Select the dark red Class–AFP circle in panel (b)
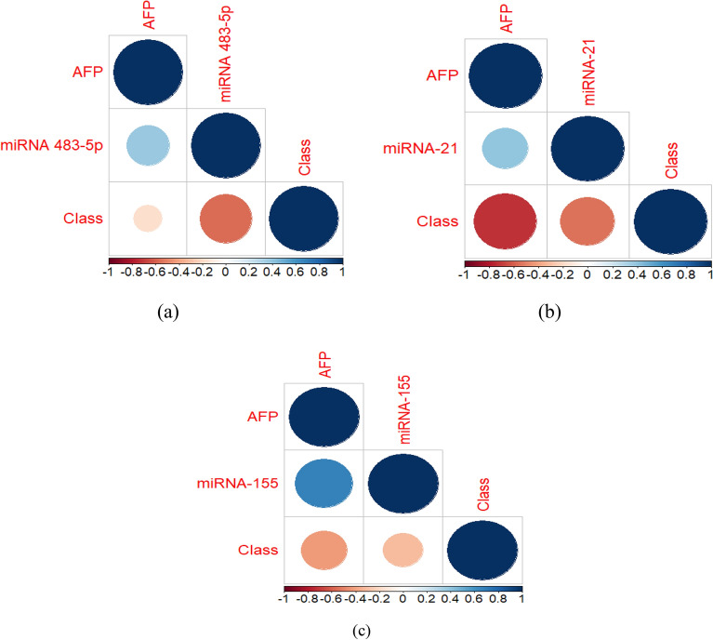click(506, 223)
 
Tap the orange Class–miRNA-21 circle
click(587, 223)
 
